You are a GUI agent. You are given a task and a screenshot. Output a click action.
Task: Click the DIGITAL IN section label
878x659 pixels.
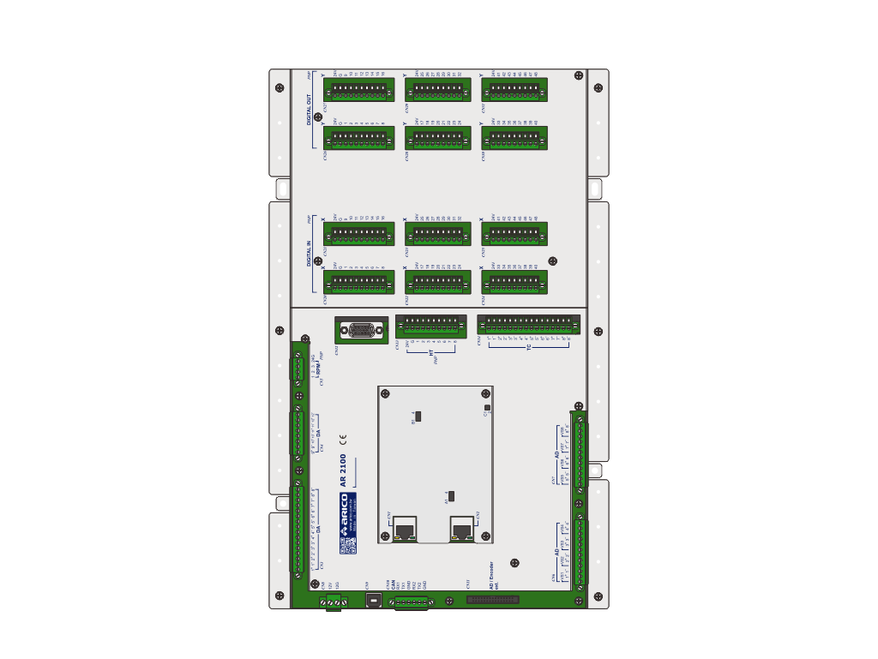tap(310, 254)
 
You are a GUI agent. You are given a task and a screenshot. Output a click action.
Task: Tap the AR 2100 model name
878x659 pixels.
tap(343, 470)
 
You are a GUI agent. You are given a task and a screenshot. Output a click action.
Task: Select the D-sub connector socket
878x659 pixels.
tap(362, 331)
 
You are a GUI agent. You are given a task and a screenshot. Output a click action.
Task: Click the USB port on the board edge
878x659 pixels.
tap(373, 601)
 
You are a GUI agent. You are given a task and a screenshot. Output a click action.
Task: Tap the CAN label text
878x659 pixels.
tap(388, 586)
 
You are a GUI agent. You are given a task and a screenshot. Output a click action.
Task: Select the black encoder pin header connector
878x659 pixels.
tap(492, 600)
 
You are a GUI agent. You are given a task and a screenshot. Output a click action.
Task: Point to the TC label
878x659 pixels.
tap(529, 347)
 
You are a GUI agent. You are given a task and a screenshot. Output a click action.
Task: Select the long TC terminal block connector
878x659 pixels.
tap(528, 325)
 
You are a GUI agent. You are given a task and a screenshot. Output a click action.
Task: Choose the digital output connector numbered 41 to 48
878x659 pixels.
tap(515, 90)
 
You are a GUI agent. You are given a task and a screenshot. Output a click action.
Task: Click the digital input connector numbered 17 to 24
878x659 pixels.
tap(438, 282)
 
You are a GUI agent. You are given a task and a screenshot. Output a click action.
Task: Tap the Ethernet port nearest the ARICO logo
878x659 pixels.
tap(406, 530)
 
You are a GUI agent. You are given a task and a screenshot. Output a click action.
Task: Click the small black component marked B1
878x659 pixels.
tap(418, 416)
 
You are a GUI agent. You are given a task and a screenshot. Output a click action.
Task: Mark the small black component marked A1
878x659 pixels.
tap(451, 495)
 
